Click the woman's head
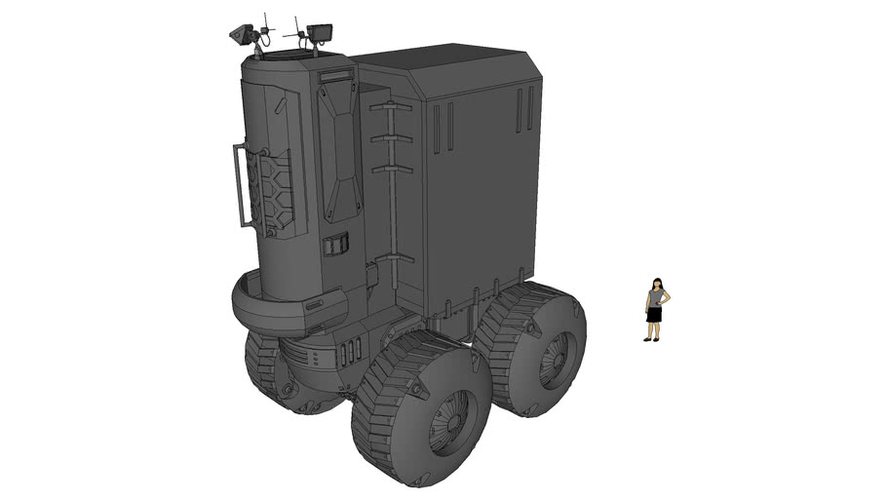pyautogui.click(x=657, y=283)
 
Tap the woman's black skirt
pyautogui.click(x=654, y=314)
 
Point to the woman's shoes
pyautogui.click(x=652, y=339)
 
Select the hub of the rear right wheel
pyautogui.click(x=559, y=359)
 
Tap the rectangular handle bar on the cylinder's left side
pyautogui.click(x=240, y=185)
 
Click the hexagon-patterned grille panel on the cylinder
pyautogui.click(x=273, y=190)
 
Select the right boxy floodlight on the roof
pyautogui.click(x=319, y=34)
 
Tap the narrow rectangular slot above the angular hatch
pyautogui.click(x=334, y=75)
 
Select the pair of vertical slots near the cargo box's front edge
pyautogui.click(x=443, y=128)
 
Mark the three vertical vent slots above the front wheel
pyautogui.click(x=354, y=349)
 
